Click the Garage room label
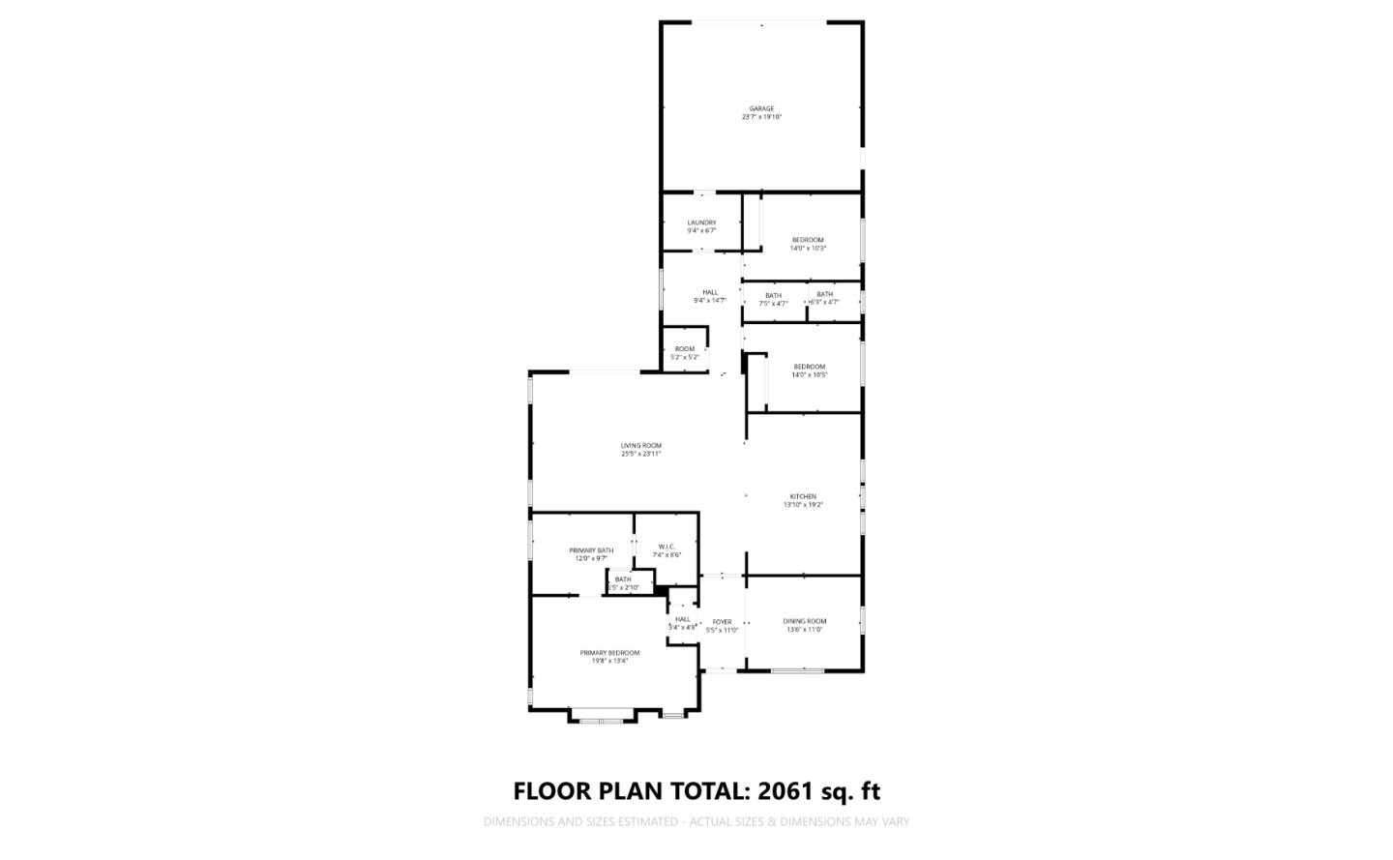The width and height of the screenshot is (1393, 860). pos(761,108)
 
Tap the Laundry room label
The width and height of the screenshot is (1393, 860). pos(701,222)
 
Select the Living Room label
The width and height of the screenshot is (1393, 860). pos(640,446)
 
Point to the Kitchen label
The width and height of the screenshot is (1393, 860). pos(803,496)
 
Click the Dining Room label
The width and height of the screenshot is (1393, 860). pos(804,621)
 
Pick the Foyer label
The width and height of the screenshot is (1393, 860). pos(722,622)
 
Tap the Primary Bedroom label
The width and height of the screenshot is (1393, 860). pos(609,653)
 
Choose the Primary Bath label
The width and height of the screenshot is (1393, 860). pos(590,550)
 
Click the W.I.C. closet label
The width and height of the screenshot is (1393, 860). pos(667,547)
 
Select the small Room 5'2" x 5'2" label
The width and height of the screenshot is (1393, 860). pos(684,349)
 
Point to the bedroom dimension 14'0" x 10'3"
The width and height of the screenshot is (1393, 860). pos(808,249)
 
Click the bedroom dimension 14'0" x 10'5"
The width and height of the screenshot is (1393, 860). pos(809,375)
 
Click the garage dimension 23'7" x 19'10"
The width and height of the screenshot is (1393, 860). pos(761,117)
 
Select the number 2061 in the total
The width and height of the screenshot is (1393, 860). pos(786,791)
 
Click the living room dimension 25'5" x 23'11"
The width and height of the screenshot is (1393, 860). pos(640,454)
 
